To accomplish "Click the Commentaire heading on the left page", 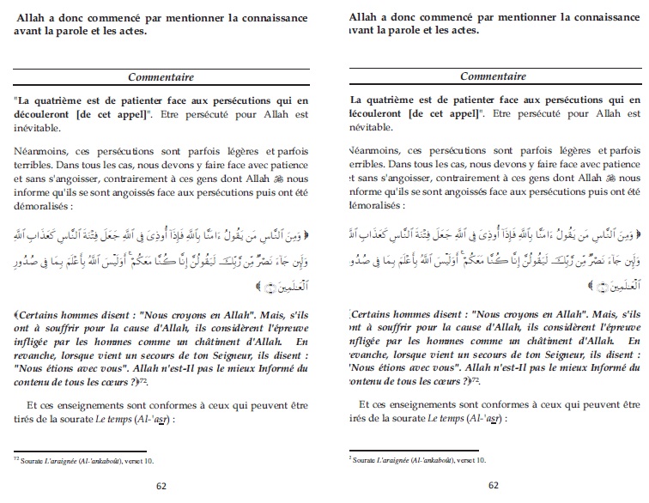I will click(x=161, y=77).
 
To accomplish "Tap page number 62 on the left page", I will click(x=161, y=485).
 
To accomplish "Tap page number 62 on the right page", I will click(x=494, y=485).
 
